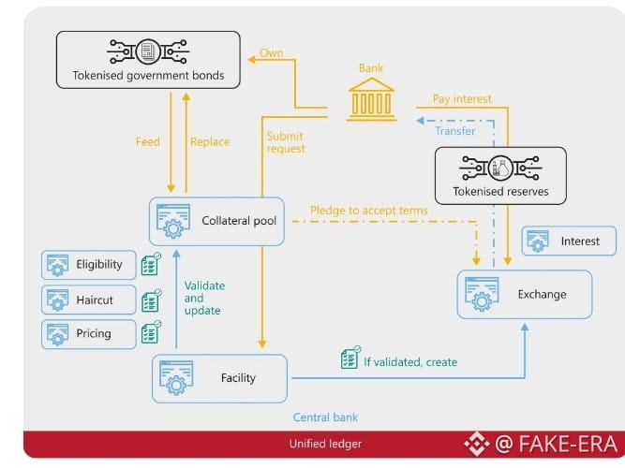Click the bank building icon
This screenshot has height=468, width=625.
point(370,99)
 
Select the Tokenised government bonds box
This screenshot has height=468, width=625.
point(148,62)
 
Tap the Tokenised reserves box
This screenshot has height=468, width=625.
point(500,177)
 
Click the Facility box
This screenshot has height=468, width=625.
point(219,378)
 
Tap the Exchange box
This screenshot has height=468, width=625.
point(525,295)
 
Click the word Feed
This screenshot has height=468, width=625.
point(148,142)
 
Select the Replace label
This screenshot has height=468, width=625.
point(210,142)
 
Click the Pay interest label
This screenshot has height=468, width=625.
point(462,99)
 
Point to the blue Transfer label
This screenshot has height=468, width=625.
point(454,131)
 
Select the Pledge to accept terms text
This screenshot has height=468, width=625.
point(369,211)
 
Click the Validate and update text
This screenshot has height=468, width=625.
point(204,298)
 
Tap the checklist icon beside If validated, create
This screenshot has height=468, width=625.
point(350,358)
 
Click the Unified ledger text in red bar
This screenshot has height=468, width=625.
point(326,444)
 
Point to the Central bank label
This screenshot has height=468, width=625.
point(325,417)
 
